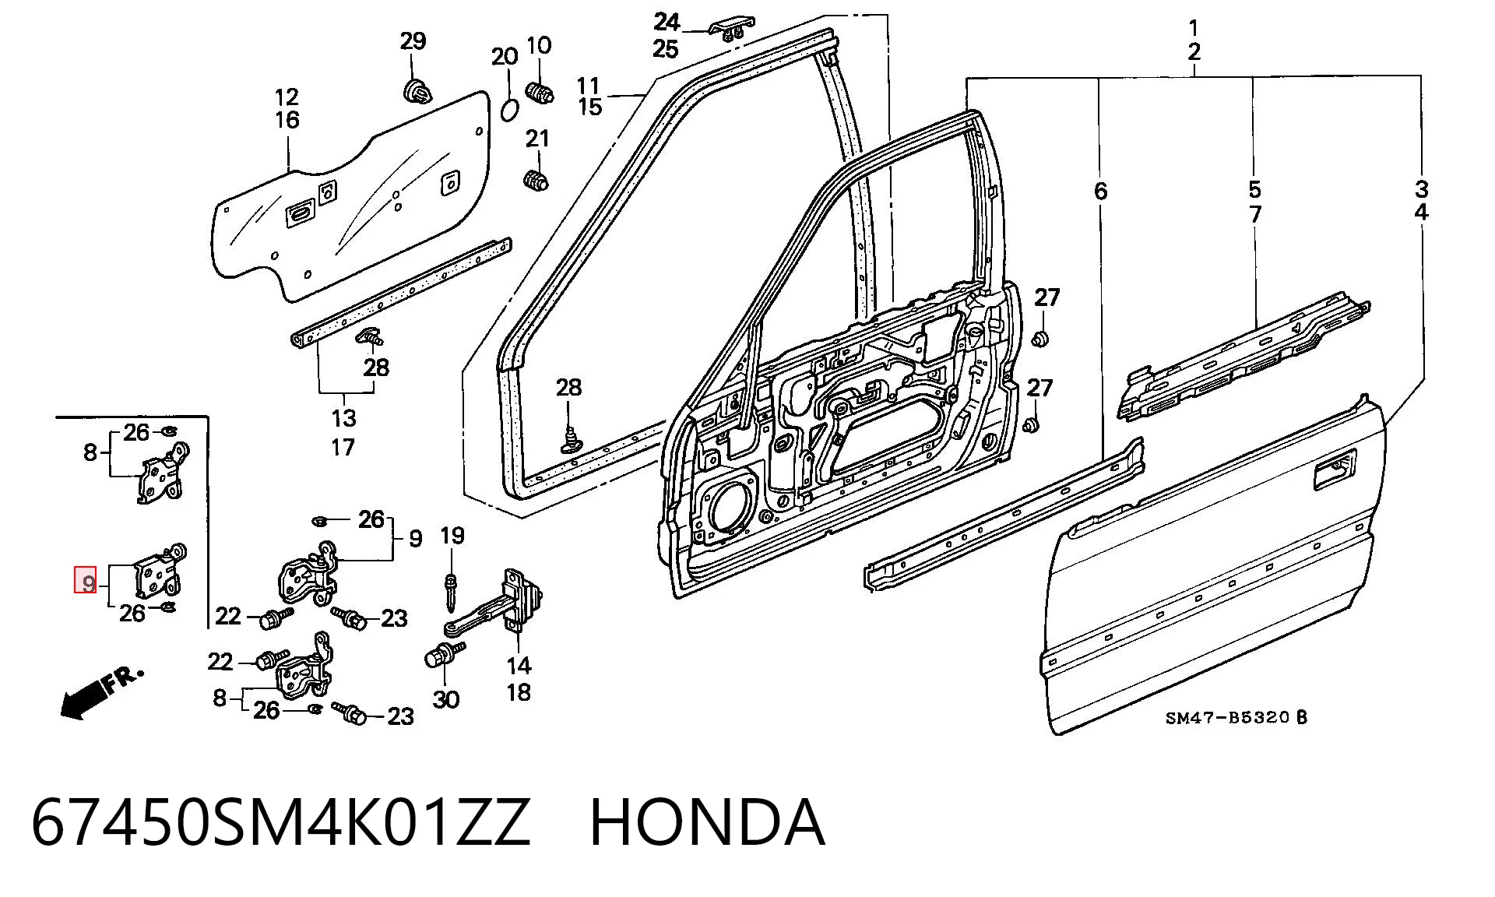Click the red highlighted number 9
85,579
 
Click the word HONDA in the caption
707,822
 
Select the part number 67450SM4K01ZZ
281,822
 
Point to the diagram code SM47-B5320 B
1236,717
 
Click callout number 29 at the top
413,40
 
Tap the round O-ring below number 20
508,110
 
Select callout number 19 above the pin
452,536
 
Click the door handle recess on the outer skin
1335,470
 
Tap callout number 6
1099,191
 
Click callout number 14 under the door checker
519,665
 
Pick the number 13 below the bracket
343,418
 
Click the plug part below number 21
536,179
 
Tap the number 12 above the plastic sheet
287,97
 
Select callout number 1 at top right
1194,28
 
